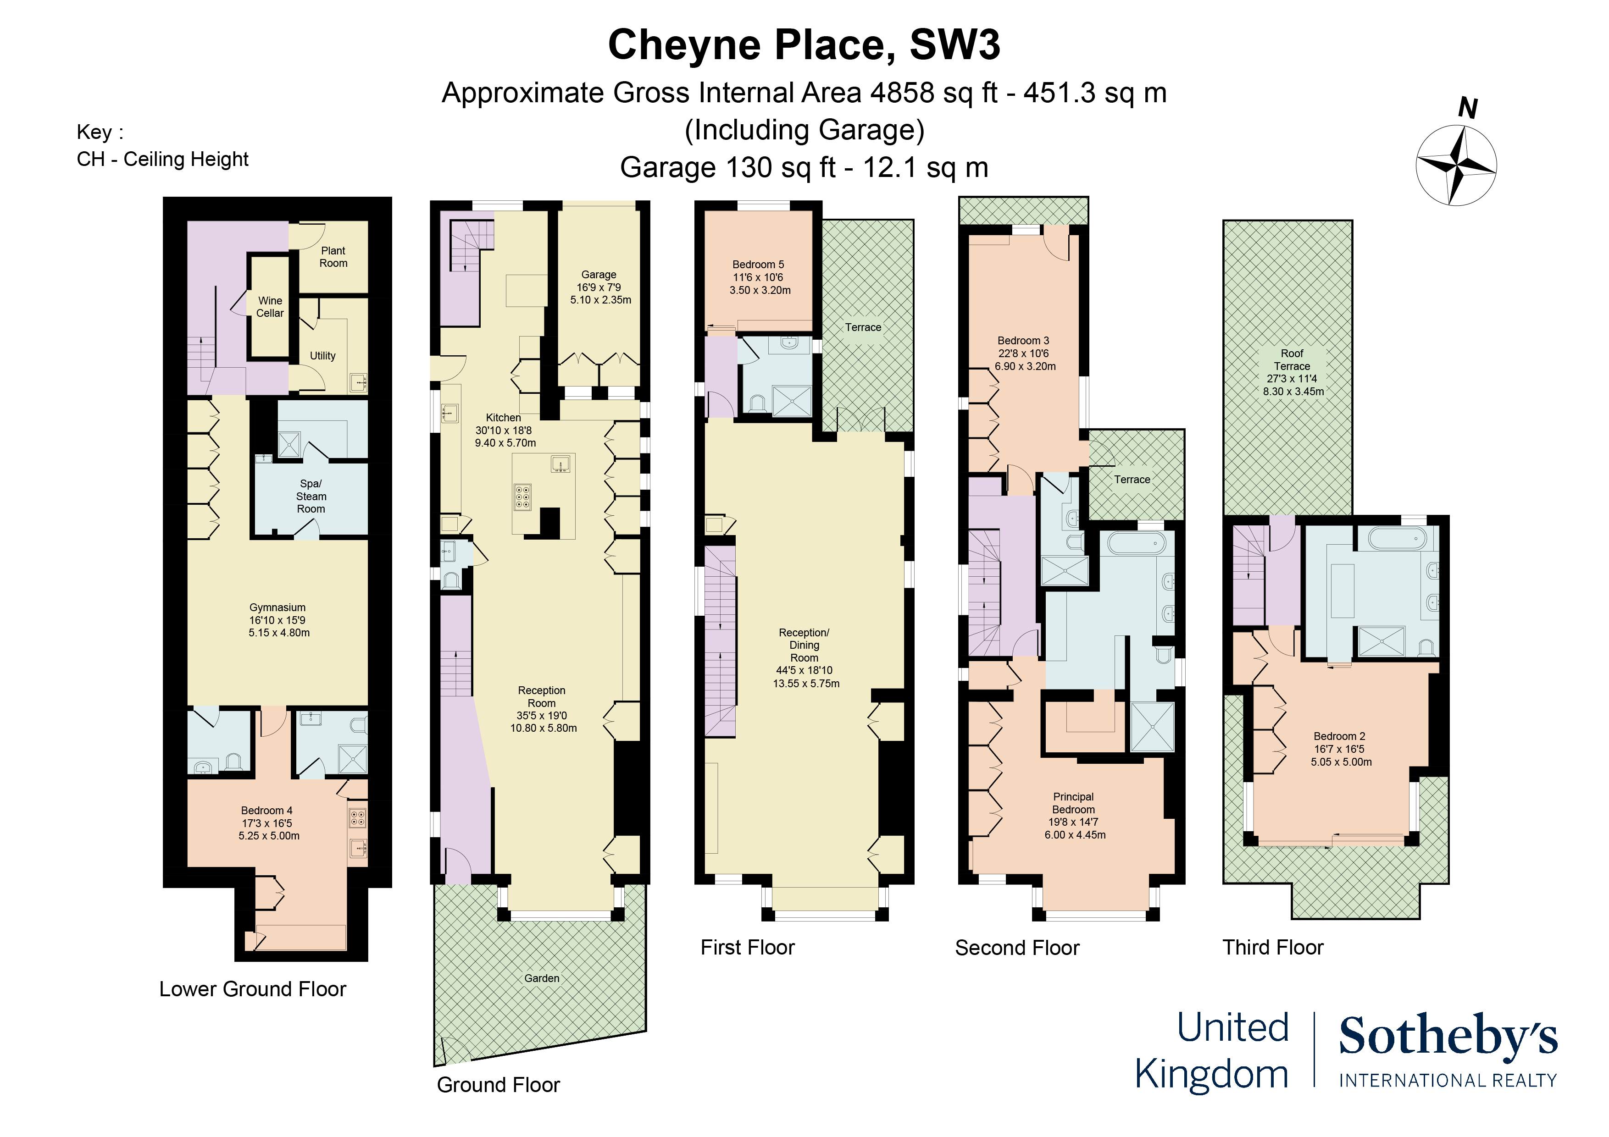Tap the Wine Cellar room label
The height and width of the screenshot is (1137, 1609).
click(x=270, y=307)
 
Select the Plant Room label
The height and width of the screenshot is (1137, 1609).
click(x=333, y=256)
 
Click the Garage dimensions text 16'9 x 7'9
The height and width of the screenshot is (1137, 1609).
click(x=599, y=287)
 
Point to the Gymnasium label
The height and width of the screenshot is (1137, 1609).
click(x=277, y=607)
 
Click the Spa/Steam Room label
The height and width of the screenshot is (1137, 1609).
click(x=311, y=496)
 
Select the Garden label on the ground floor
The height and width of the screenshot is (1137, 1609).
click(x=542, y=978)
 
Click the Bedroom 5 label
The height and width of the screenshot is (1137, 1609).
click(x=758, y=264)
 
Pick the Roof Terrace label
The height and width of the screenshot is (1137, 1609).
click(x=1292, y=359)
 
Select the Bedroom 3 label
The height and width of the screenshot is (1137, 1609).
click(x=1023, y=341)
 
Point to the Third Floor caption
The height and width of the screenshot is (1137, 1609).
click(x=1273, y=947)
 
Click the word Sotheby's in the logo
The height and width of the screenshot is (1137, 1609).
click(x=1448, y=1036)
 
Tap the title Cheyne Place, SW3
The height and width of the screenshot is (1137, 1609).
click(x=804, y=45)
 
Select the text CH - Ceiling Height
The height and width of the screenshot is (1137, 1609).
click(x=162, y=159)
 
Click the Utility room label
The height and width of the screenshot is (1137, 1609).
click(x=322, y=355)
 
